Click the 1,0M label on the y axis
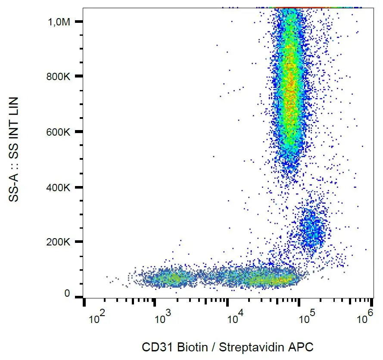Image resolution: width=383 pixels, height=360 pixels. (x=59, y=22)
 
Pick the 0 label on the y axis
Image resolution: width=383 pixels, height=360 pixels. (x=67, y=294)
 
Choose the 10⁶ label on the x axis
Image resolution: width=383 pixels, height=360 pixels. (x=364, y=319)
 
